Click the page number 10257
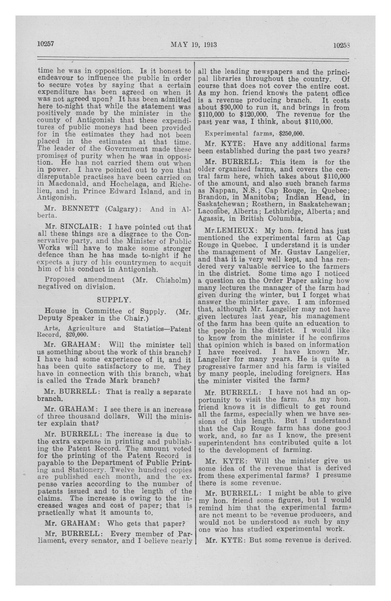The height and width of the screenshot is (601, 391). tap(46, 44)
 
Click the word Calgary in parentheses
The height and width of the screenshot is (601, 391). tap(122, 209)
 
